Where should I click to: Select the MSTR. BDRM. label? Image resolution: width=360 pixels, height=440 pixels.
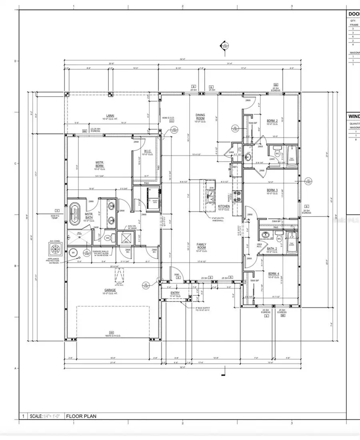tap(100, 164)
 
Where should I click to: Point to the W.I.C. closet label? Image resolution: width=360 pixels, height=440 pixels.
tap(147, 151)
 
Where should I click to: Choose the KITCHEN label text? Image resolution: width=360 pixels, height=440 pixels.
tap(224, 206)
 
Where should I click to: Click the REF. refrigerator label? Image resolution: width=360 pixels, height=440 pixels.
tap(234, 167)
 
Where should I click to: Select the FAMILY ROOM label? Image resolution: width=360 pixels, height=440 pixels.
tap(201, 245)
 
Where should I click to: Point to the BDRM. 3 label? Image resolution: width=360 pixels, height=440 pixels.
tap(272, 191)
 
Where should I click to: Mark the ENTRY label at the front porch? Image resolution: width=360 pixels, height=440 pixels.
tap(175, 293)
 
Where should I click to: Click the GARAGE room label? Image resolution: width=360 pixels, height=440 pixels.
tap(110, 290)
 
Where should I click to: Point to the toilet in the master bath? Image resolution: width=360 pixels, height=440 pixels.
tap(108, 238)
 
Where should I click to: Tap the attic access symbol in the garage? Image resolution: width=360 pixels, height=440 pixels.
tap(119, 276)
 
